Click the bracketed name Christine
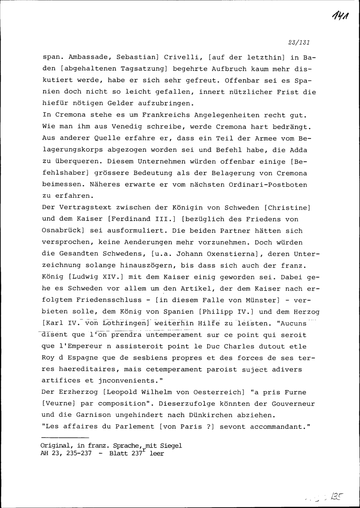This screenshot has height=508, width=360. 288,208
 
